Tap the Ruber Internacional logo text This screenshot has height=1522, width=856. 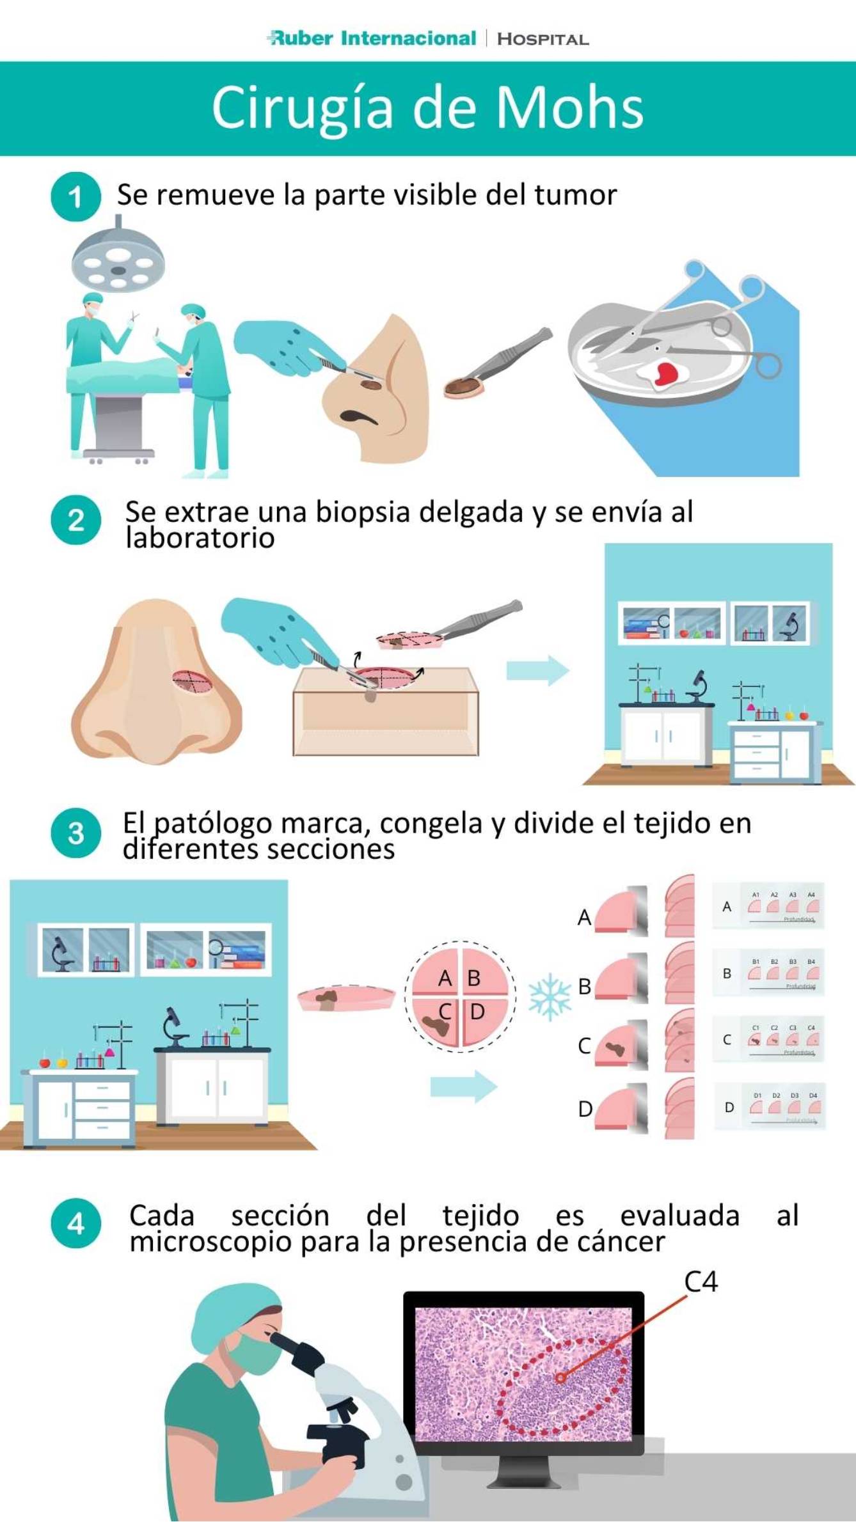[x=373, y=38]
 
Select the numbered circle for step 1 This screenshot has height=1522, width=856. [x=75, y=197]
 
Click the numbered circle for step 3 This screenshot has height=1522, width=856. [x=75, y=833]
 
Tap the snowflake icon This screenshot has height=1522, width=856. [x=550, y=997]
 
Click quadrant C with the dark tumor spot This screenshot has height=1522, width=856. [x=437, y=1020]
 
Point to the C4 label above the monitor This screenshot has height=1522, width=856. [x=701, y=1282]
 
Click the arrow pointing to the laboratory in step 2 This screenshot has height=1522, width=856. [x=537, y=670]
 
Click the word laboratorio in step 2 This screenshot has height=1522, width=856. [x=200, y=538]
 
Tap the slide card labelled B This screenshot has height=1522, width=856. [x=768, y=973]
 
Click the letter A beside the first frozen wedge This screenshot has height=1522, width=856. [x=584, y=918]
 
